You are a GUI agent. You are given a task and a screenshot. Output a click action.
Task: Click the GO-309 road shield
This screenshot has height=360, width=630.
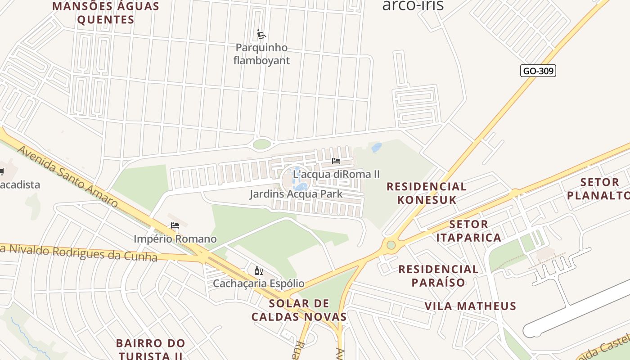click(538, 71)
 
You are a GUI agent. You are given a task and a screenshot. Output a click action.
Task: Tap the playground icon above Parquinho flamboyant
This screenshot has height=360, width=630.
click(261, 34)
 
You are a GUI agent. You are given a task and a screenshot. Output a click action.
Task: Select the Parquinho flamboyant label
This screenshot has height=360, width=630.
click(261, 54)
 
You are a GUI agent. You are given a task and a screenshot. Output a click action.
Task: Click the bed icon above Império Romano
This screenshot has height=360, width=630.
click(175, 225)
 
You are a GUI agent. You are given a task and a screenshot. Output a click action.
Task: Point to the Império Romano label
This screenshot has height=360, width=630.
click(175, 239)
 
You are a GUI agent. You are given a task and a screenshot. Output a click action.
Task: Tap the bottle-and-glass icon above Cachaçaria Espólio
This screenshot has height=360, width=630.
click(258, 270)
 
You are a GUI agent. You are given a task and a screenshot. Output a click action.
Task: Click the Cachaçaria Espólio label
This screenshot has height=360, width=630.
click(258, 283)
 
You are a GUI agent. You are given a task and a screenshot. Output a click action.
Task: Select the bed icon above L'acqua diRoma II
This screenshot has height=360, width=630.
click(336, 161)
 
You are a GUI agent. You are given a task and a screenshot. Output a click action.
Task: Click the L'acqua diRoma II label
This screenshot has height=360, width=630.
click(337, 174)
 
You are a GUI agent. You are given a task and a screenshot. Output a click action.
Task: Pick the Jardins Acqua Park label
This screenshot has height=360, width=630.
click(296, 194)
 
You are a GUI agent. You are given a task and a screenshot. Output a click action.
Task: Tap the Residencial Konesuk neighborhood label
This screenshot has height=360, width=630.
click(426, 193)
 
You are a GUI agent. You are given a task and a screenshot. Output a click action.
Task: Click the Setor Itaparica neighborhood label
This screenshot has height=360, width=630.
click(468, 231)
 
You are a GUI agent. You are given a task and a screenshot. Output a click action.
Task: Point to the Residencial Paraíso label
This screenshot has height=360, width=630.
click(438, 276)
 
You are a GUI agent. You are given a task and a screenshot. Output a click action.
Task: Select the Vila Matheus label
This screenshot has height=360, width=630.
click(470, 306)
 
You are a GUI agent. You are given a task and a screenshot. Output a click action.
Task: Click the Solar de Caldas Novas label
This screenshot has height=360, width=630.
click(299, 310)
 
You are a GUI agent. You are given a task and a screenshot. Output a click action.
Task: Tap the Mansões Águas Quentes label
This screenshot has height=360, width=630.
click(106, 13)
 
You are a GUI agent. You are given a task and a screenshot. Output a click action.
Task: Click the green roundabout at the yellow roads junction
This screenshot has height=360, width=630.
click(391, 245)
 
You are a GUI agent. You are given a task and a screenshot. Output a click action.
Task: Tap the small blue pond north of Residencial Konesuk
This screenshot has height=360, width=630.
click(377, 148)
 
